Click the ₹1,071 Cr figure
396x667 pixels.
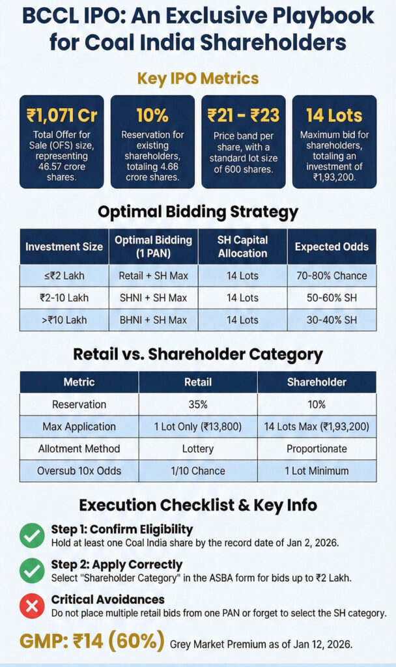[62, 116]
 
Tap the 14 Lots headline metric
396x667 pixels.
[334, 116]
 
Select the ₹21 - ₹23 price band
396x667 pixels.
[244, 116]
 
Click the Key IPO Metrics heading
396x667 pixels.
[198, 79]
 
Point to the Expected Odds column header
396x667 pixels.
[331, 247]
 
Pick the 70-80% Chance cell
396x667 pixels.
[331, 276]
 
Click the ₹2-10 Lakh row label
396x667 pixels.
[64, 297]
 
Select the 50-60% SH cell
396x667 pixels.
[331, 297]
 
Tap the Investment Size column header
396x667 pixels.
[64, 247]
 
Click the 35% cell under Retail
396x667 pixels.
[197, 404]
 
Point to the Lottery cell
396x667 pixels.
[197, 449]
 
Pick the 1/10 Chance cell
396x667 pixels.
[197, 471]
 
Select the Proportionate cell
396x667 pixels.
[317, 449]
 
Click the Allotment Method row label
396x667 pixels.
[79, 449]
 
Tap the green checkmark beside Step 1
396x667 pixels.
[31, 535]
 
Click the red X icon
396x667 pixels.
[31, 606]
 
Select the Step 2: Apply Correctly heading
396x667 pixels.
[117, 564]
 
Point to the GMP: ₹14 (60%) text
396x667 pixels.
[92, 642]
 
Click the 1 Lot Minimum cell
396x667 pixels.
[317, 471]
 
